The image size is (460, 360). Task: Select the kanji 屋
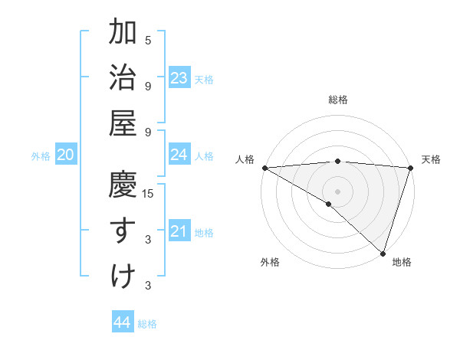[123, 122]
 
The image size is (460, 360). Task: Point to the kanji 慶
[123, 186]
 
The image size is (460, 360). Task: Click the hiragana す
[123, 231]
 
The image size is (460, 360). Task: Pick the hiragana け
[123, 275]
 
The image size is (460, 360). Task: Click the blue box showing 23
[179, 78]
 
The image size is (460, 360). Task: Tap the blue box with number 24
[179, 155]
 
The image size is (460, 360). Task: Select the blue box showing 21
[179, 231]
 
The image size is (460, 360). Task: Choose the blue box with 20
[65, 155]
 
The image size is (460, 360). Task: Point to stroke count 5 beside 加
[148, 40]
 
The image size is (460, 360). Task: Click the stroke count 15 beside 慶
[148, 193]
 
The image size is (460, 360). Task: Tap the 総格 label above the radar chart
[338, 100]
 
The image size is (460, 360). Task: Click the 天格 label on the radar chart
[431, 159]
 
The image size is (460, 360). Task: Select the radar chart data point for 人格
[264, 167]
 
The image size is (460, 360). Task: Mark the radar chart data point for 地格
[382, 252]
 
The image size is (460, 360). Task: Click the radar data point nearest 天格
[411, 167]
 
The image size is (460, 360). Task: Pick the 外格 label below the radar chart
[270, 263]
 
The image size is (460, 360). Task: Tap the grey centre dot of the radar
[337, 191]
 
